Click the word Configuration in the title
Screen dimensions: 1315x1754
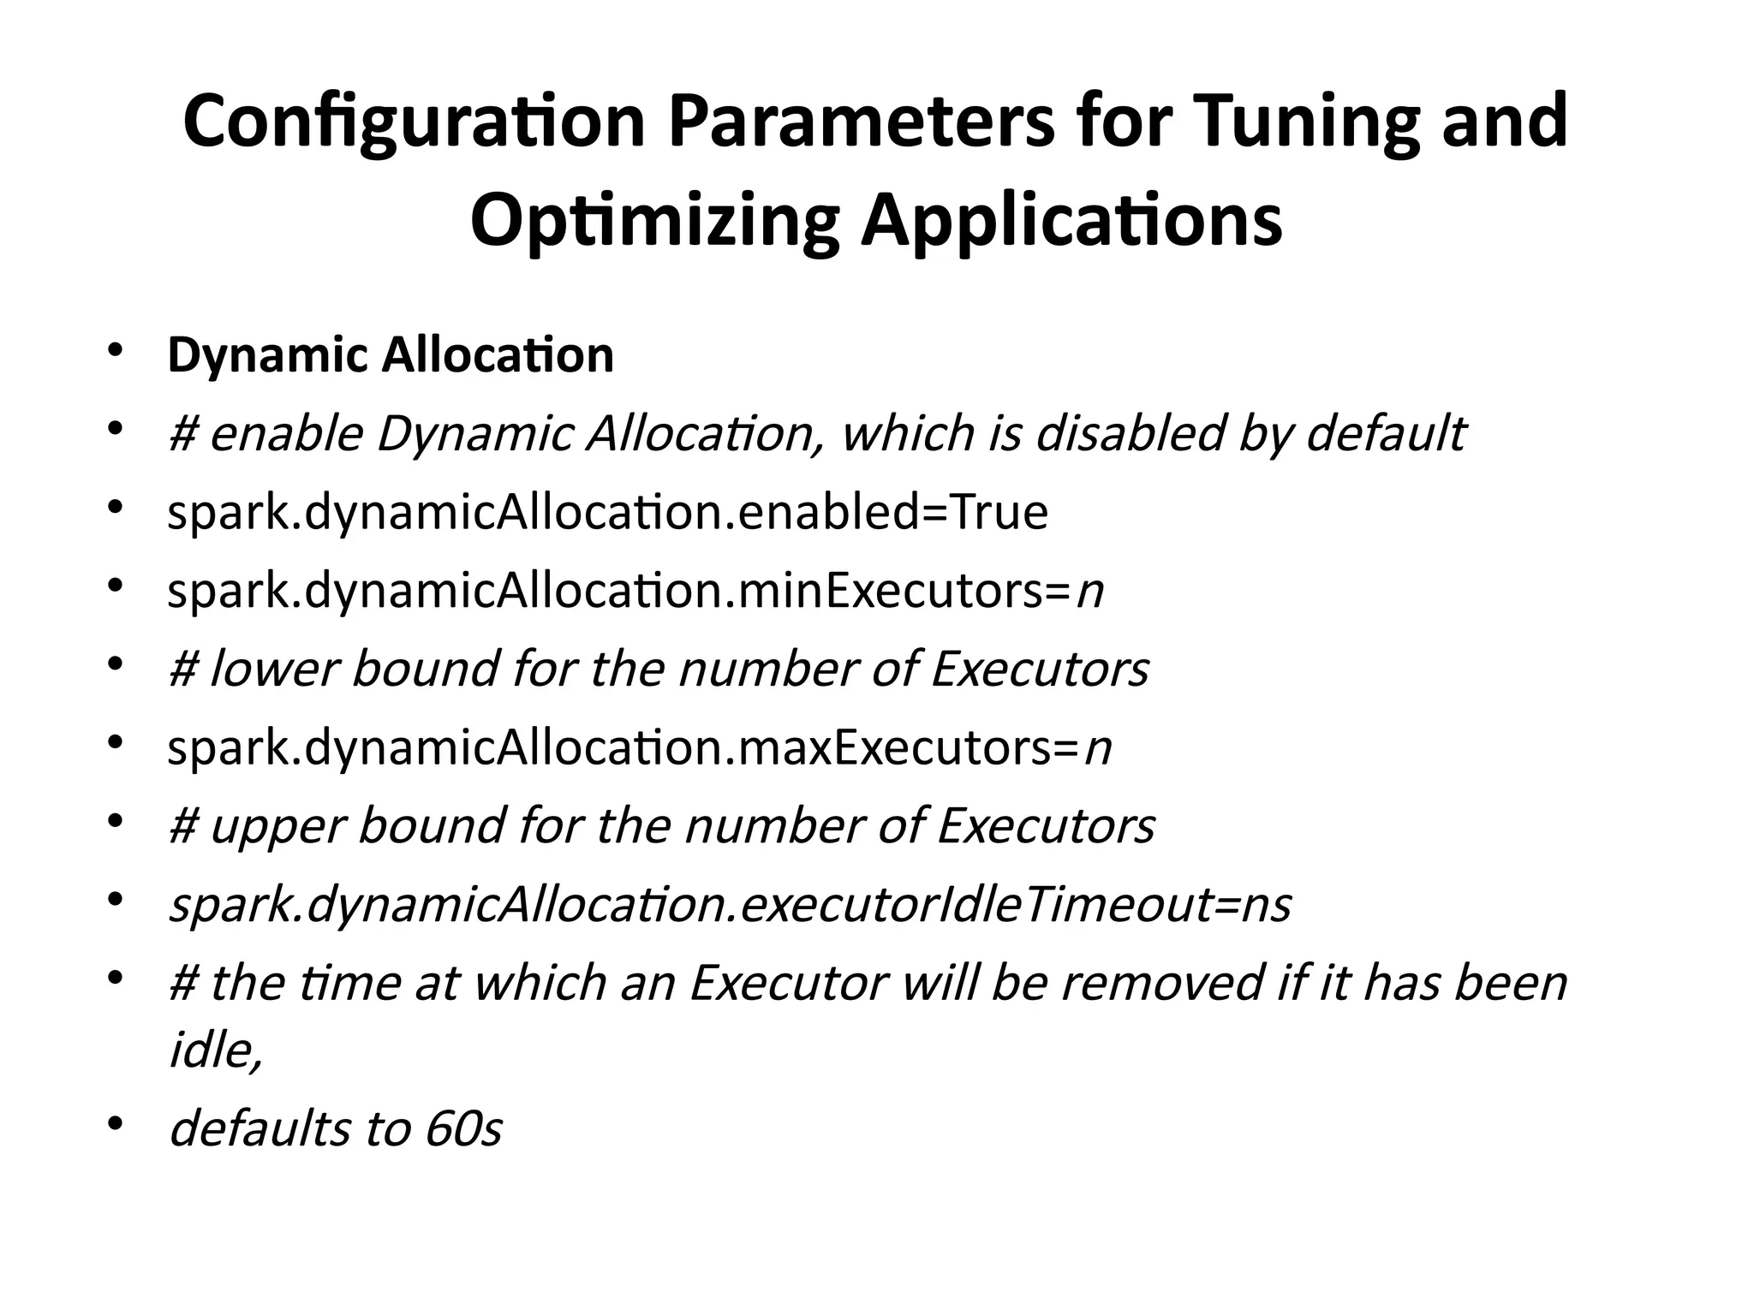point(414,122)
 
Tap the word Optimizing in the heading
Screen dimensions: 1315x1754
point(655,222)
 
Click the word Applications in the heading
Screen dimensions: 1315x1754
point(1071,222)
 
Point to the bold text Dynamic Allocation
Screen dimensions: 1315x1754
point(391,355)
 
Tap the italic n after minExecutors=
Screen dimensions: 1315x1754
point(1089,592)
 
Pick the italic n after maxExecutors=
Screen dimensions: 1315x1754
point(1097,749)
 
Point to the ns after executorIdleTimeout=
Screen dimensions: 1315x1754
point(1266,905)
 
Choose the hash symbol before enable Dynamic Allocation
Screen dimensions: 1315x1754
point(182,434)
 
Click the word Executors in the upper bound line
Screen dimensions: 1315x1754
point(1046,826)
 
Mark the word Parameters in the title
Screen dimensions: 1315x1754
point(861,122)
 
